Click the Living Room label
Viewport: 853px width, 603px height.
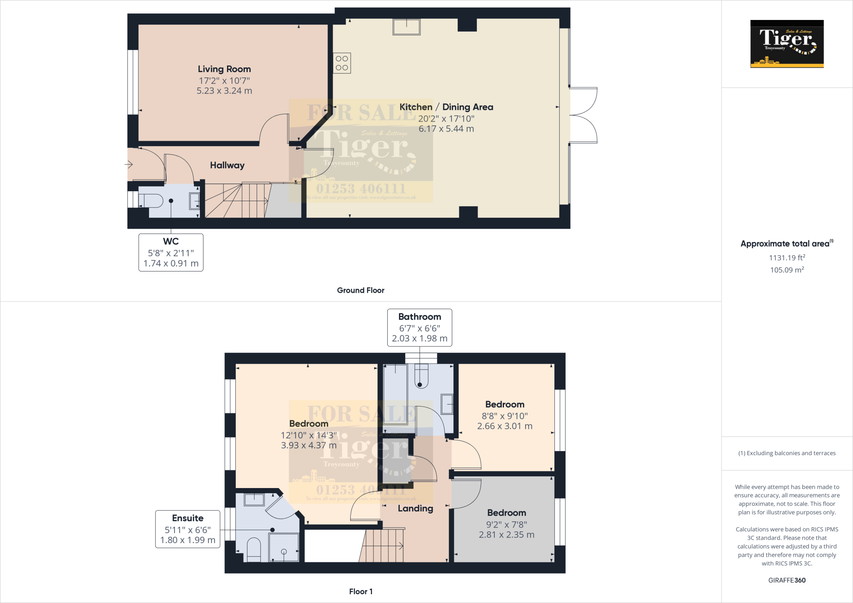tap(224, 69)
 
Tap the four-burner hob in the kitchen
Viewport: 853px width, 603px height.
tap(342, 63)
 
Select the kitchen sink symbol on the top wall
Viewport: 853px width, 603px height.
tap(407, 27)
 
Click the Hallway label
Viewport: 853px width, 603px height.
tap(227, 165)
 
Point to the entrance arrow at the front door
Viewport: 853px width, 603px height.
tap(128, 165)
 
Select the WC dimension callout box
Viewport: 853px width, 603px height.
tap(171, 252)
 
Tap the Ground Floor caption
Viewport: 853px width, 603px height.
tap(360, 290)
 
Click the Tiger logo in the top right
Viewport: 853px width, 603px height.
tap(787, 44)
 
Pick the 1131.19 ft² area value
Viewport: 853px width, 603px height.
tap(787, 258)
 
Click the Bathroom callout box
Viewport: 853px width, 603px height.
tap(419, 327)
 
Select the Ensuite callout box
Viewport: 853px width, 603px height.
tap(187, 529)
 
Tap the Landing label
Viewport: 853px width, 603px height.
tap(415, 508)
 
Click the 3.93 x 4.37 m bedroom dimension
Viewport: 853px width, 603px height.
tap(309, 445)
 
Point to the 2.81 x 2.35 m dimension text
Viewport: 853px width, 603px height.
tap(506, 535)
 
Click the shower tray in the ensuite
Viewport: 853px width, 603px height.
tap(284, 547)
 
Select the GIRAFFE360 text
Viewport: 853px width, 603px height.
tap(787, 580)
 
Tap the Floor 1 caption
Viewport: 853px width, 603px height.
tap(361, 591)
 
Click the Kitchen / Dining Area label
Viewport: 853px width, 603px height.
tap(446, 107)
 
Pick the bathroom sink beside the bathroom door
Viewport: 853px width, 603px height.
tap(447, 404)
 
